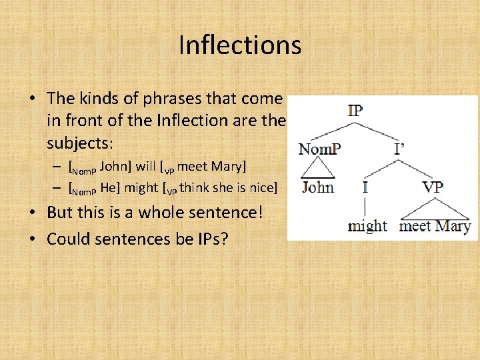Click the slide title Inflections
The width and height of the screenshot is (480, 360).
click(x=240, y=45)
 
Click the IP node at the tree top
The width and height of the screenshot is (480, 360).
click(x=355, y=111)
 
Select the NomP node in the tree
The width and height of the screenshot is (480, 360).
click(x=319, y=149)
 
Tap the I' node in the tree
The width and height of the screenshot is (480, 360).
click(x=399, y=149)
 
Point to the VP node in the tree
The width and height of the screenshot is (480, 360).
click(x=433, y=187)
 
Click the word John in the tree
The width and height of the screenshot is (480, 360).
click(x=318, y=187)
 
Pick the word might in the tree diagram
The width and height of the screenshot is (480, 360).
click(x=367, y=225)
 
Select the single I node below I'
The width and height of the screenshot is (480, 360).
click(x=365, y=187)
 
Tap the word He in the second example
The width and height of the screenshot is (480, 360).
click(x=109, y=187)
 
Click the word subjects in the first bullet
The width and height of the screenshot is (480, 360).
click(x=77, y=142)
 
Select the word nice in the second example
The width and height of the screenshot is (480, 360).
click(x=262, y=187)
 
